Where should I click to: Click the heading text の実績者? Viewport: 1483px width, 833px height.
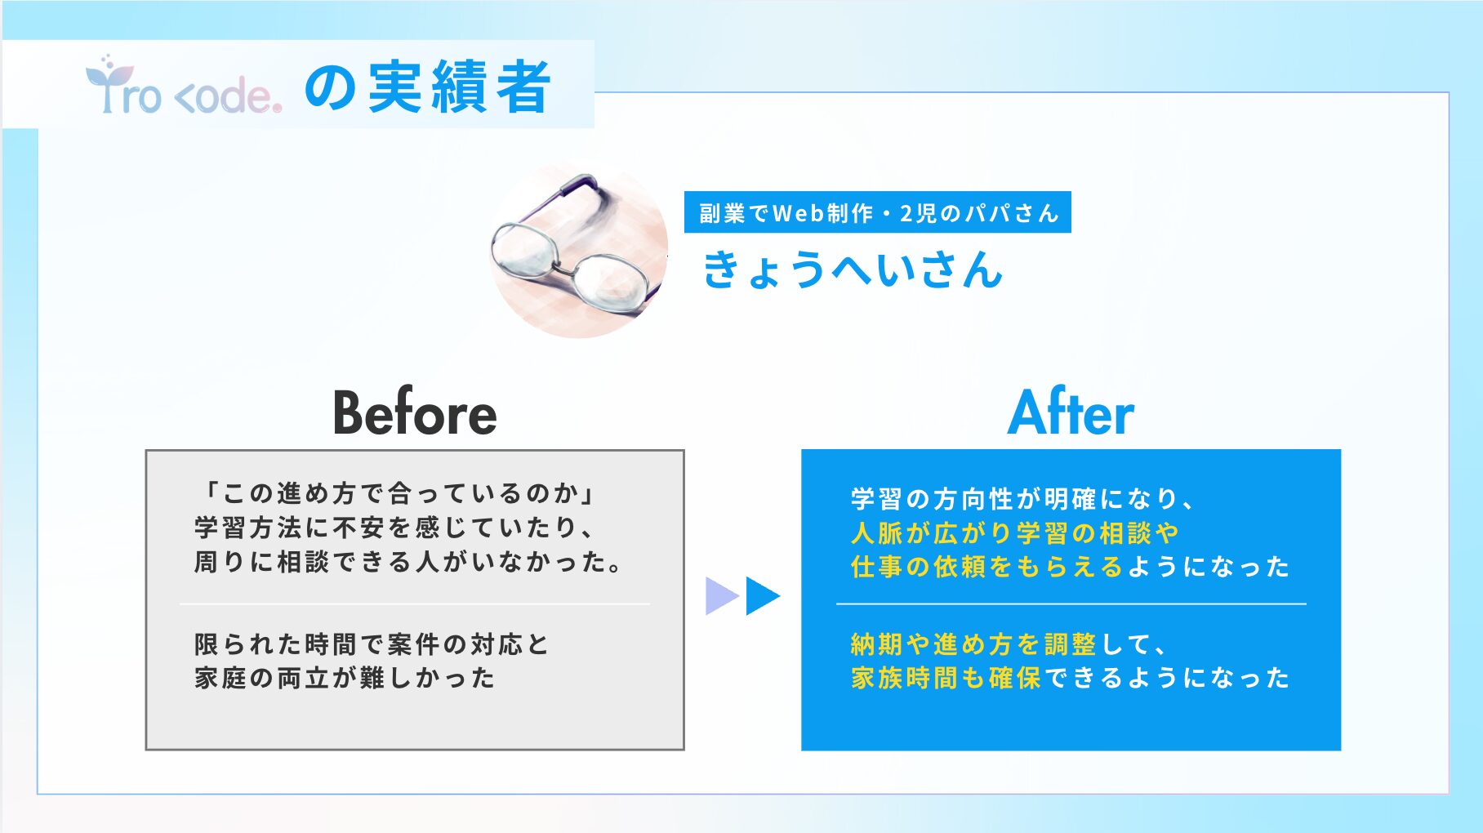(x=428, y=87)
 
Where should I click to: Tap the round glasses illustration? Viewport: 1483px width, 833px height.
(x=578, y=249)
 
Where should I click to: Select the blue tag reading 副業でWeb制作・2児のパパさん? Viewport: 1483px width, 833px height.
(x=878, y=212)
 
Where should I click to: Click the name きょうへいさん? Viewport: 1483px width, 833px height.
(x=853, y=269)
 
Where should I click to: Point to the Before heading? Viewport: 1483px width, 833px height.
(x=415, y=412)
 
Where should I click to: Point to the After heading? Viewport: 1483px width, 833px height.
(x=1071, y=412)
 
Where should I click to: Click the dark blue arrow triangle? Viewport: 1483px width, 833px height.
(x=763, y=596)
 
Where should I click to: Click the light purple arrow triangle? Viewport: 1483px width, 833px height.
(x=722, y=596)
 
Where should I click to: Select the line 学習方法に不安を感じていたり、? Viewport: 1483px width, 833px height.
(x=395, y=528)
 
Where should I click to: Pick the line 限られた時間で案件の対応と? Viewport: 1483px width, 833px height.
(x=372, y=644)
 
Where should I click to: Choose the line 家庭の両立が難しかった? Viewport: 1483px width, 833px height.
(x=345, y=678)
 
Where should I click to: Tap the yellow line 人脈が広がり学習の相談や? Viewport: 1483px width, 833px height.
(x=1015, y=532)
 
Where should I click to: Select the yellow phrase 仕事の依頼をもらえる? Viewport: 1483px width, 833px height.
(x=987, y=566)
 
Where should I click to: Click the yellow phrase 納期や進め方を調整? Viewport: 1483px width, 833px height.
(x=973, y=644)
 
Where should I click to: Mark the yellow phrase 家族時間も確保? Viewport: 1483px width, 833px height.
(x=946, y=678)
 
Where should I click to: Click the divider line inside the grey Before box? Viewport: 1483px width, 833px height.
(x=415, y=604)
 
